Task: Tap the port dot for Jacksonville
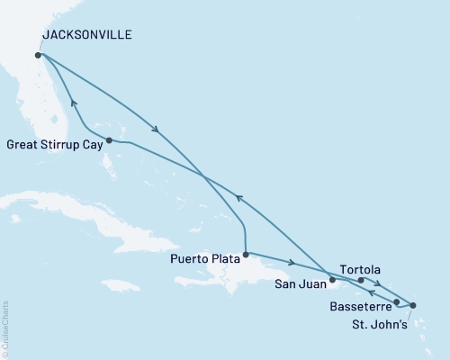(38, 55)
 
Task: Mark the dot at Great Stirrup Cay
(108, 140)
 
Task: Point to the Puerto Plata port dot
(246, 253)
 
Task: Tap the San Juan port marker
(332, 280)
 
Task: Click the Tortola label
(361, 268)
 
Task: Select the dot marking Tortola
(361, 280)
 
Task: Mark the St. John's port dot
(413, 306)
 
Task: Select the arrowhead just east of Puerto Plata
(291, 263)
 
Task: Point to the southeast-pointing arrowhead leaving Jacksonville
(157, 130)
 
